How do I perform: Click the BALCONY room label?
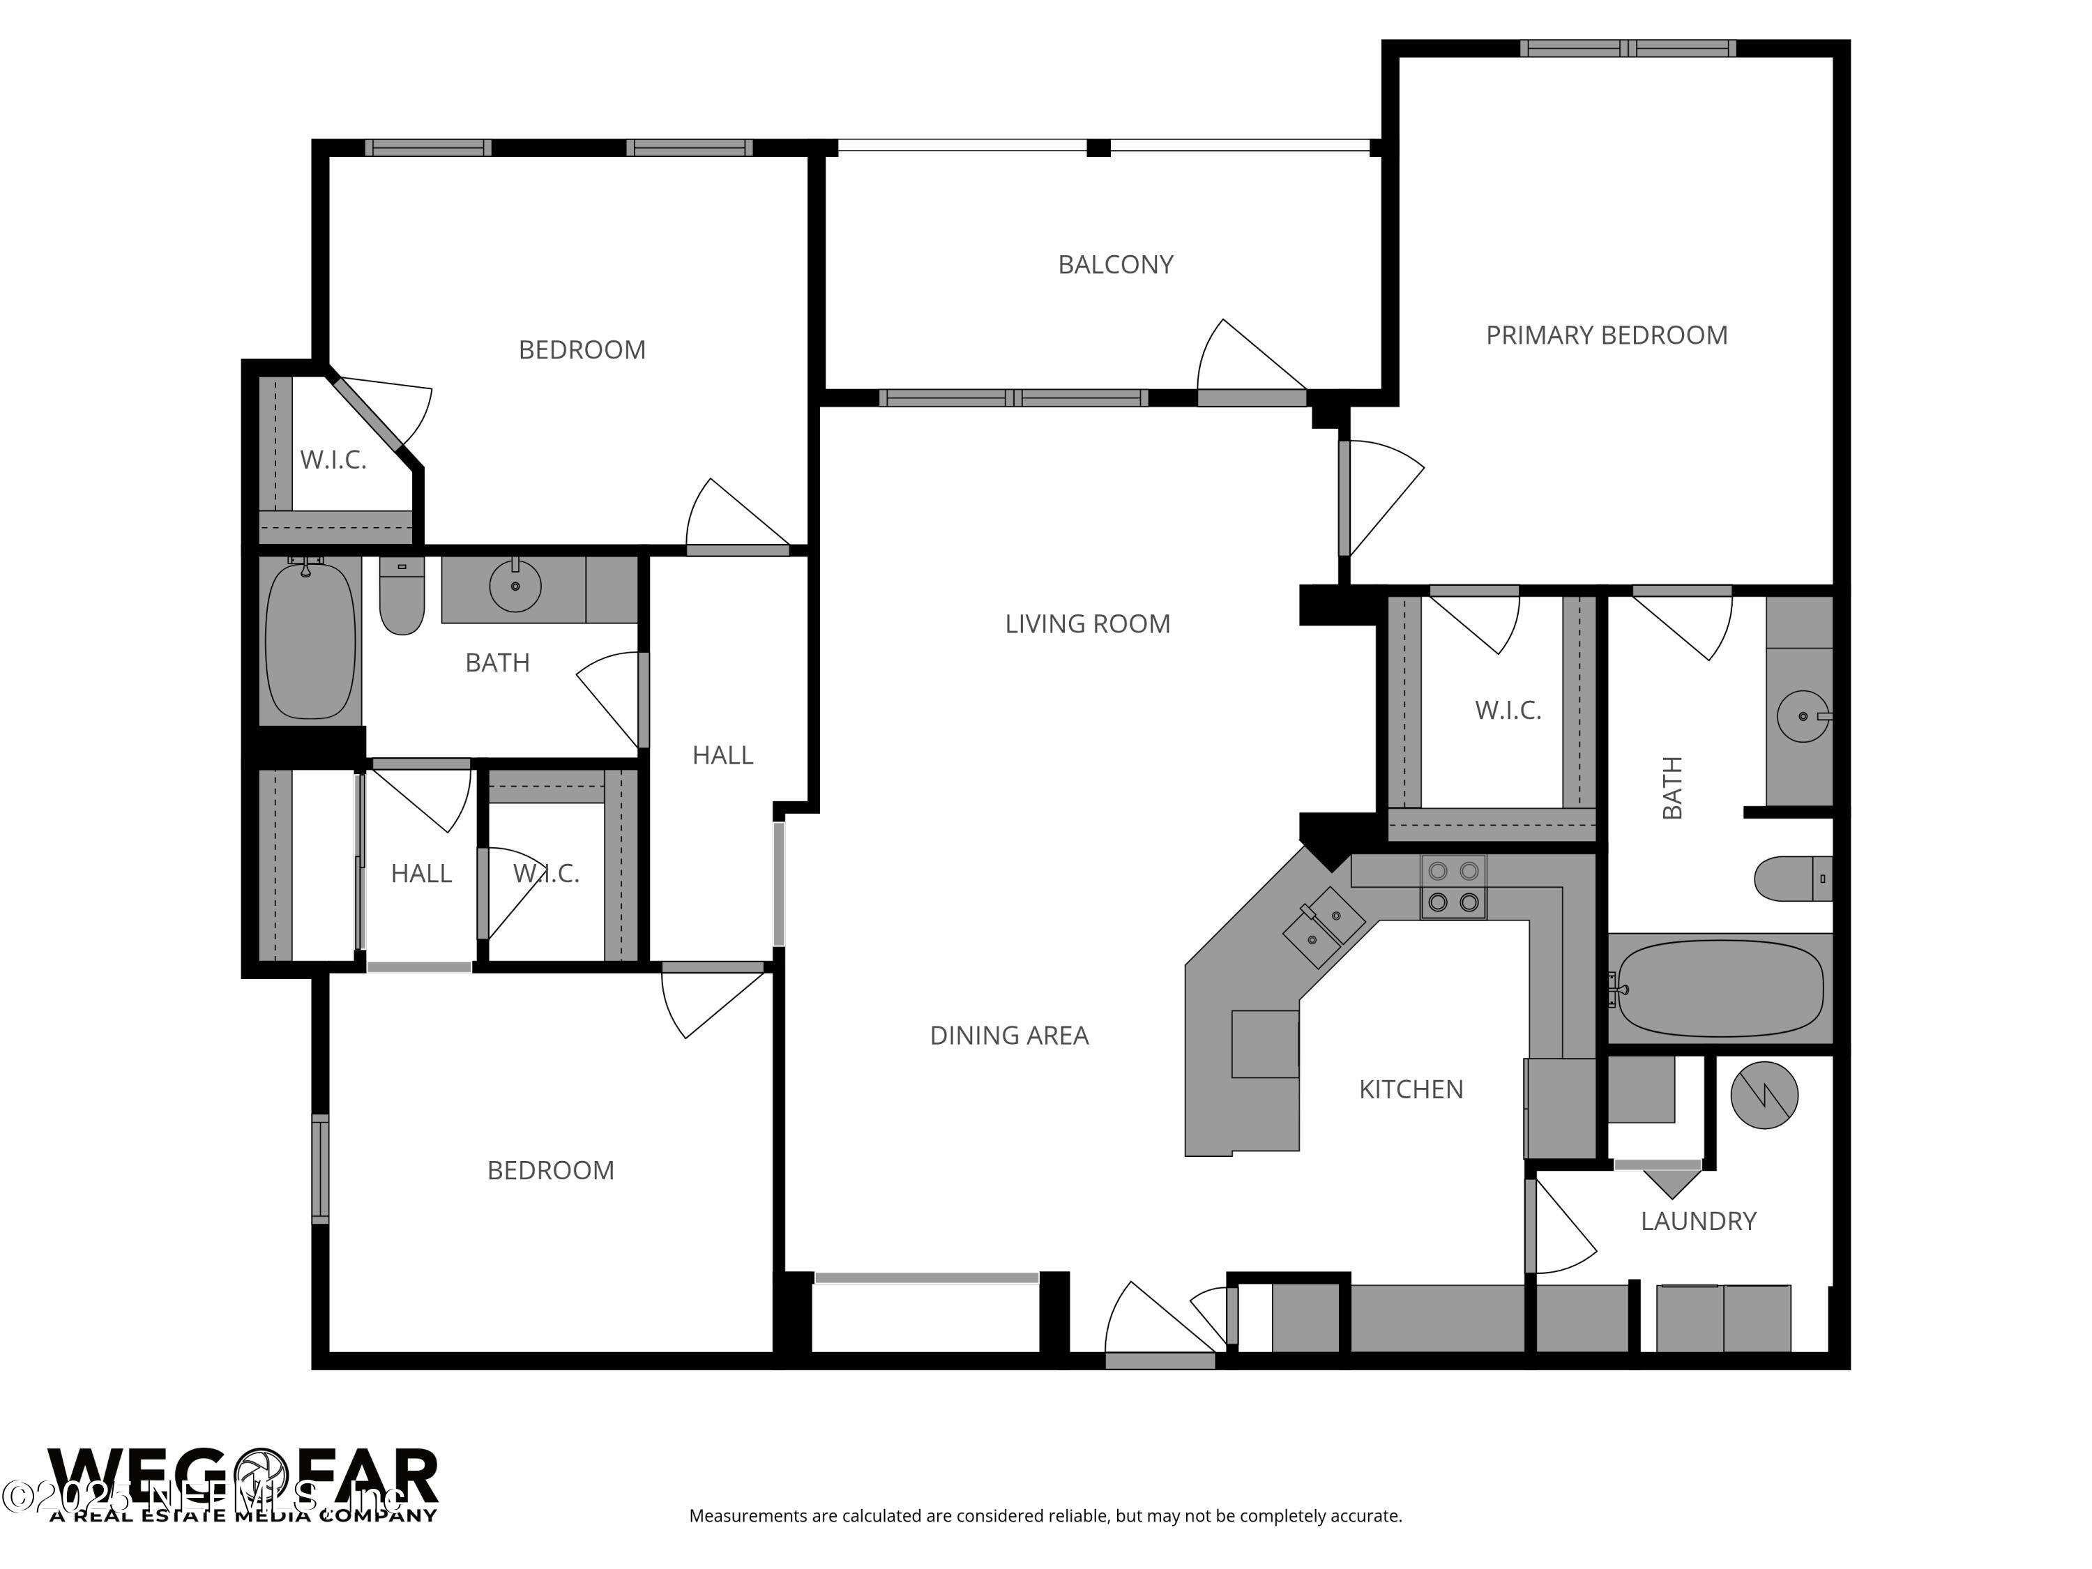[1115, 265]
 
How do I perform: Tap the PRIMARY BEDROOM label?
[1606, 335]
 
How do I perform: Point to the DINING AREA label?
[1008, 1036]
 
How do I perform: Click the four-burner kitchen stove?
[1453, 887]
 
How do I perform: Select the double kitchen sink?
[1324, 927]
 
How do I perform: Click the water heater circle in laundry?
[1763, 1096]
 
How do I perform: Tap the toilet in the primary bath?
[1792, 879]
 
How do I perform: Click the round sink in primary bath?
[1802, 717]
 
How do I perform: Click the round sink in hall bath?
[515, 586]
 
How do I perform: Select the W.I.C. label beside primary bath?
[1508, 711]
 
